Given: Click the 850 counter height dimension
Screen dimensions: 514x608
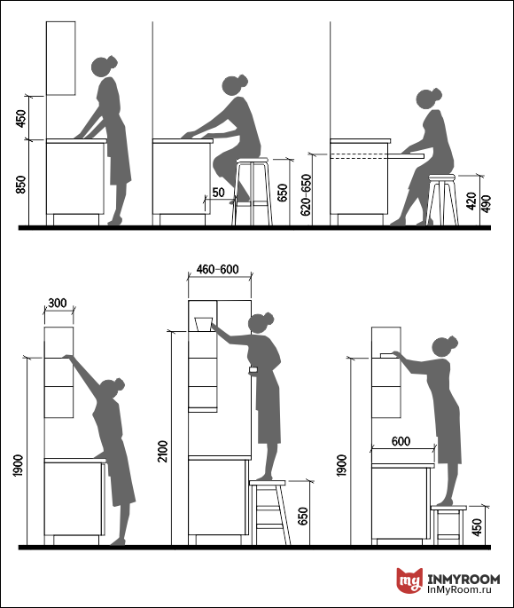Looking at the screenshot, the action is tap(20, 185).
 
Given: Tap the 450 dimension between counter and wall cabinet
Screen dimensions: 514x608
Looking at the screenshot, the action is tap(20, 118).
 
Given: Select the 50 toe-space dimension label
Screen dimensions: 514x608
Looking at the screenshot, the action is tap(218, 193).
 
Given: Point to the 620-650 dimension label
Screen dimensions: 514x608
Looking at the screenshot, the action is tap(306, 194).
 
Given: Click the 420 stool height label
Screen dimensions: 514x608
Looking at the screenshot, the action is tap(471, 201).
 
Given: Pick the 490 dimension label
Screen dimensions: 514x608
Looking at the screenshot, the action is tap(486, 203).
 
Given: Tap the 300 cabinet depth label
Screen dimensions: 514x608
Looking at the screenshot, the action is tap(58, 303).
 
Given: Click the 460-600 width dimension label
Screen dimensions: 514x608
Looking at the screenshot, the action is tap(217, 269).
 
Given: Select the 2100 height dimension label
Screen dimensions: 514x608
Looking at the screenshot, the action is tap(163, 451).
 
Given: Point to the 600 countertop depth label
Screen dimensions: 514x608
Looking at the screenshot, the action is tap(401, 441).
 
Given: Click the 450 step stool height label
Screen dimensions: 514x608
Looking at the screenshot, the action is tap(478, 527).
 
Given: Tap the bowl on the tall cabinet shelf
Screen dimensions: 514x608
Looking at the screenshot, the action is tap(203, 324).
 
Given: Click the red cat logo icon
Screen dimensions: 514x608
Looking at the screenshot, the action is tap(409, 580).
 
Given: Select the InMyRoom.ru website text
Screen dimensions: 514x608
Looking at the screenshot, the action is tap(460, 589).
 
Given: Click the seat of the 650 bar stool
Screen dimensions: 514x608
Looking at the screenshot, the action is tap(252, 160).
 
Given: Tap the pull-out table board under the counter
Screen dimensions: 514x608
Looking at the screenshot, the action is tap(406, 156).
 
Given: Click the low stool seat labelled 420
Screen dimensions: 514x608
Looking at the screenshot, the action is tap(442, 178).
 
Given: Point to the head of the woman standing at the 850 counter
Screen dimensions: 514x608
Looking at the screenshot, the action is tap(104, 66).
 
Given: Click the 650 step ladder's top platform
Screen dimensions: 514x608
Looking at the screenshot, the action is tap(268, 483).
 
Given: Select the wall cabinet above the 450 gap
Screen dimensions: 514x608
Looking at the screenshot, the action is tap(61, 59).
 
